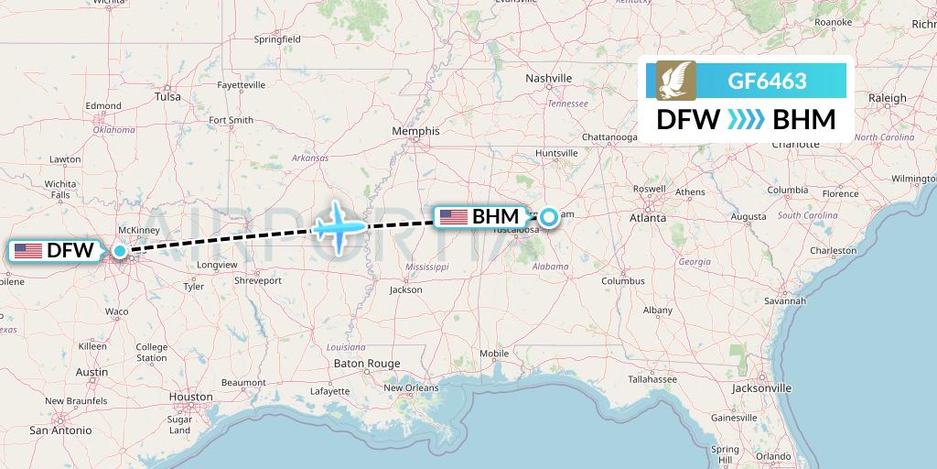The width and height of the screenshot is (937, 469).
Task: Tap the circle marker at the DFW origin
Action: pyautogui.click(x=120, y=250)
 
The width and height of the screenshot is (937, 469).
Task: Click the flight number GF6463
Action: pyautogui.click(x=767, y=81)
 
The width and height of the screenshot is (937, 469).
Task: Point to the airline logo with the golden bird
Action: pyautogui.click(x=675, y=81)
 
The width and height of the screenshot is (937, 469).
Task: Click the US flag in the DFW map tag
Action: pyautogui.click(x=28, y=250)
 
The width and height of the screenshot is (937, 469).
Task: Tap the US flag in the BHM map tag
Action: pyautogui.click(x=454, y=217)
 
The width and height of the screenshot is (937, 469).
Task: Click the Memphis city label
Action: pyautogui.click(x=415, y=131)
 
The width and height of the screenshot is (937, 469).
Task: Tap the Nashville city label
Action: pyautogui.click(x=549, y=79)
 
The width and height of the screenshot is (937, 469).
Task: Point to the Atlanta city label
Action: pyautogui.click(x=647, y=218)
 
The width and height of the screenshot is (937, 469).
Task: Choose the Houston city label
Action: pyautogui.click(x=190, y=398)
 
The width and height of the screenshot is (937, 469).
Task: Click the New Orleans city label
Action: pyautogui.click(x=411, y=387)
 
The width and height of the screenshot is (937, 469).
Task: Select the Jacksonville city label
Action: pyautogui.click(x=761, y=387)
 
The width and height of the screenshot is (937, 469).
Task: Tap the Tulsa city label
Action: pyautogui.click(x=167, y=96)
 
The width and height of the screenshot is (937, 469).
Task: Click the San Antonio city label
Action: pyautogui.click(x=60, y=430)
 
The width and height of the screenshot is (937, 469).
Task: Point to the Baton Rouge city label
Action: pyautogui.click(x=367, y=364)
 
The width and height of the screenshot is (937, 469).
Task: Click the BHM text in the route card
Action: pyautogui.click(x=804, y=119)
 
